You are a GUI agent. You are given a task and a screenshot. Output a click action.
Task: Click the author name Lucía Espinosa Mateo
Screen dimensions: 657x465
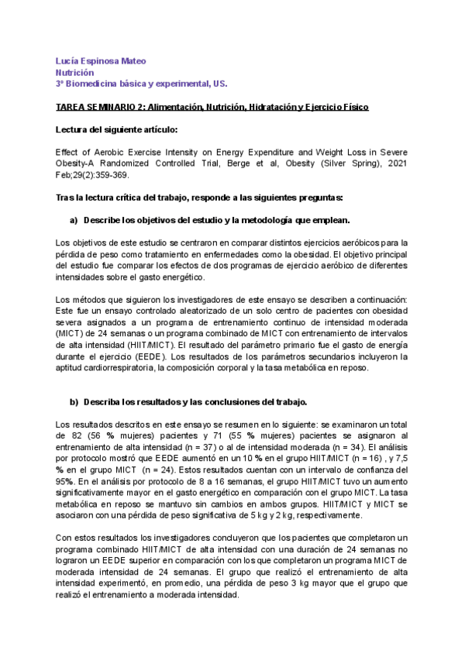coord(102,60)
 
